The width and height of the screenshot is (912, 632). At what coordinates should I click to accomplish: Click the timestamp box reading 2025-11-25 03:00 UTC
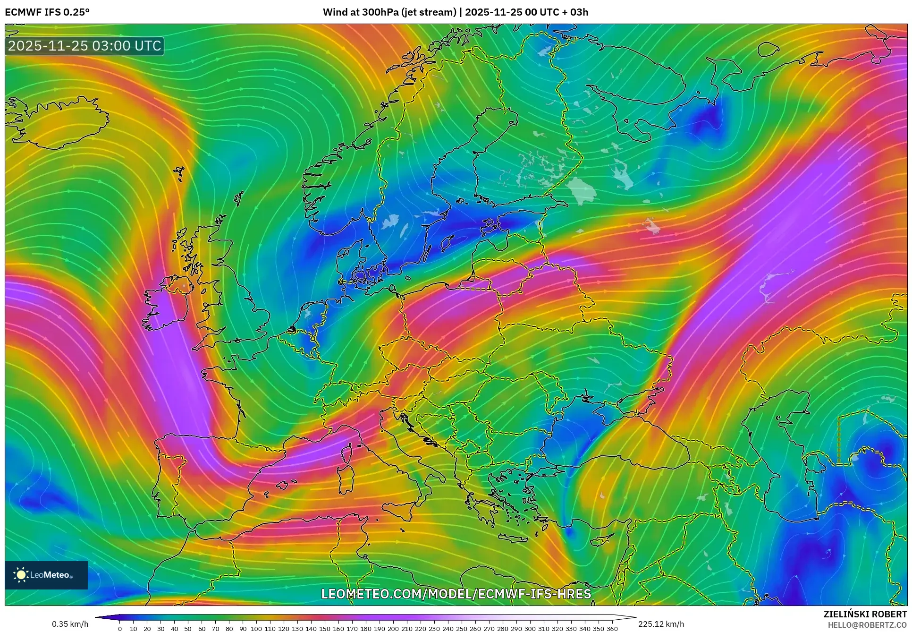[x=84, y=46]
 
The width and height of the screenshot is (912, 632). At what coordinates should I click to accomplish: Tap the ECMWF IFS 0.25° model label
[x=47, y=12]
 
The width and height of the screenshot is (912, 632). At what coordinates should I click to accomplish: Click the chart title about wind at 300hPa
[x=456, y=12]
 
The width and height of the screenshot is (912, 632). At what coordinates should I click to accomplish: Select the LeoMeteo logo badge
[x=46, y=575]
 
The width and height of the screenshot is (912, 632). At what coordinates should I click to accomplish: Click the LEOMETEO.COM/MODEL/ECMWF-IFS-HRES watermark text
[x=456, y=594]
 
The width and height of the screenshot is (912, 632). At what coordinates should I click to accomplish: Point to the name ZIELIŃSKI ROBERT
[x=865, y=614]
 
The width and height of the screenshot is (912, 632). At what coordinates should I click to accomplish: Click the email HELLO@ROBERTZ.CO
[x=867, y=625]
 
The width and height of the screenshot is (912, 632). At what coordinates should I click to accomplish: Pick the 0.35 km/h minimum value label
[x=70, y=624]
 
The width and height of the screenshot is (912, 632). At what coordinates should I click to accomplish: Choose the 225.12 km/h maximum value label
[x=661, y=624]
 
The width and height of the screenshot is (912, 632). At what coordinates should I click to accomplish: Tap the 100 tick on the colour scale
[x=256, y=629]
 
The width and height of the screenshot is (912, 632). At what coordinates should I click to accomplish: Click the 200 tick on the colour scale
[x=393, y=629]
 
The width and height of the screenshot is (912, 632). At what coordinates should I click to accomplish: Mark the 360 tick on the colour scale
[x=612, y=629]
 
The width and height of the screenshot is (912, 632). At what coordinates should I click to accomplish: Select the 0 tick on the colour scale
[x=120, y=629]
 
